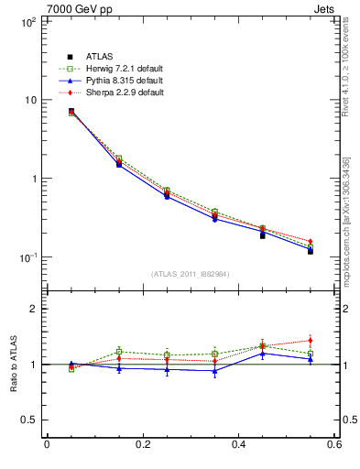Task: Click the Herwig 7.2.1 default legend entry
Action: click(116, 70)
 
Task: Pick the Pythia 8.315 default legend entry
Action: click(116, 82)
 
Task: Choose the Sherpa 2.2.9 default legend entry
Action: click(116, 93)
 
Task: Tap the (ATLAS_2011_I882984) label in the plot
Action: click(190, 274)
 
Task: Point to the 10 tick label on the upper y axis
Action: click(29, 100)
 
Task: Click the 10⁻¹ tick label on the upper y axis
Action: click(27, 257)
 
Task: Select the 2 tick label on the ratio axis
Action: click(35, 309)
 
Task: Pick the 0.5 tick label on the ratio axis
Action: click(30, 420)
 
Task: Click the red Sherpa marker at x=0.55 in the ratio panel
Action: click(311, 341)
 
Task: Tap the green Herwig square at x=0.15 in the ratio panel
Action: click(119, 351)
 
